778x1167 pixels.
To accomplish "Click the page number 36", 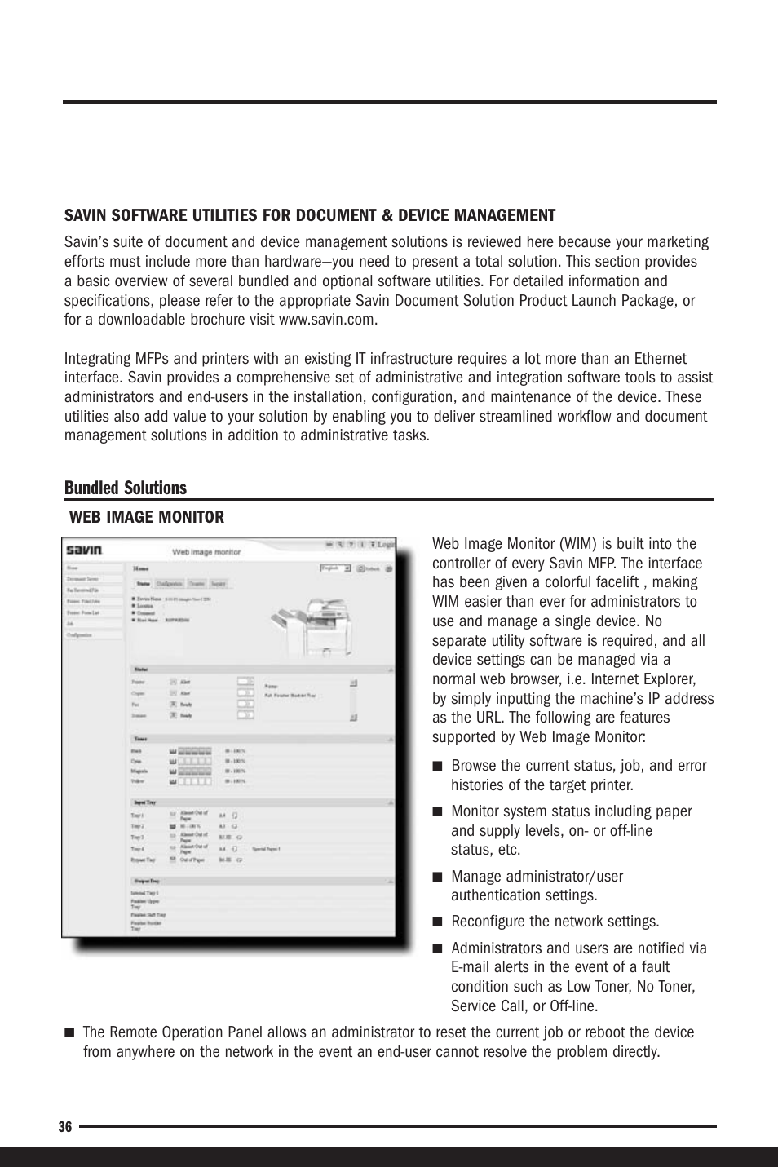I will tap(65, 1126).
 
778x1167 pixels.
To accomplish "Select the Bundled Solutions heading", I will tap(126, 488).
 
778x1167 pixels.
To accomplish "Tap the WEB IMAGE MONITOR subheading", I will tap(146, 517).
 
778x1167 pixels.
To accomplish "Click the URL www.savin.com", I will tap(328, 320).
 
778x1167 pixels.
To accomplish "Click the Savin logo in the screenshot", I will tap(84, 550).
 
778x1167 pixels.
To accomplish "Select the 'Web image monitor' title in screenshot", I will tap(206, 552).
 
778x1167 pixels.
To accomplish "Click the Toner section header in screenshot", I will tap(141, 739).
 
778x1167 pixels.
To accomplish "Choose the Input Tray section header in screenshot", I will tap(144, 802).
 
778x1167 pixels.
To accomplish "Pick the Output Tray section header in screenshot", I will tap(146, 881).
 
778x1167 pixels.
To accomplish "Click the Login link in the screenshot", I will tap(384, 545).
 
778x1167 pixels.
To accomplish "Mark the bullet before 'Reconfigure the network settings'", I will tap(437, 922).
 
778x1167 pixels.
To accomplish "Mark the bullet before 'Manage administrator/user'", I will tap(437, 877).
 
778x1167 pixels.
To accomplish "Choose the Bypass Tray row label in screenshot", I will tap(144, 860).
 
